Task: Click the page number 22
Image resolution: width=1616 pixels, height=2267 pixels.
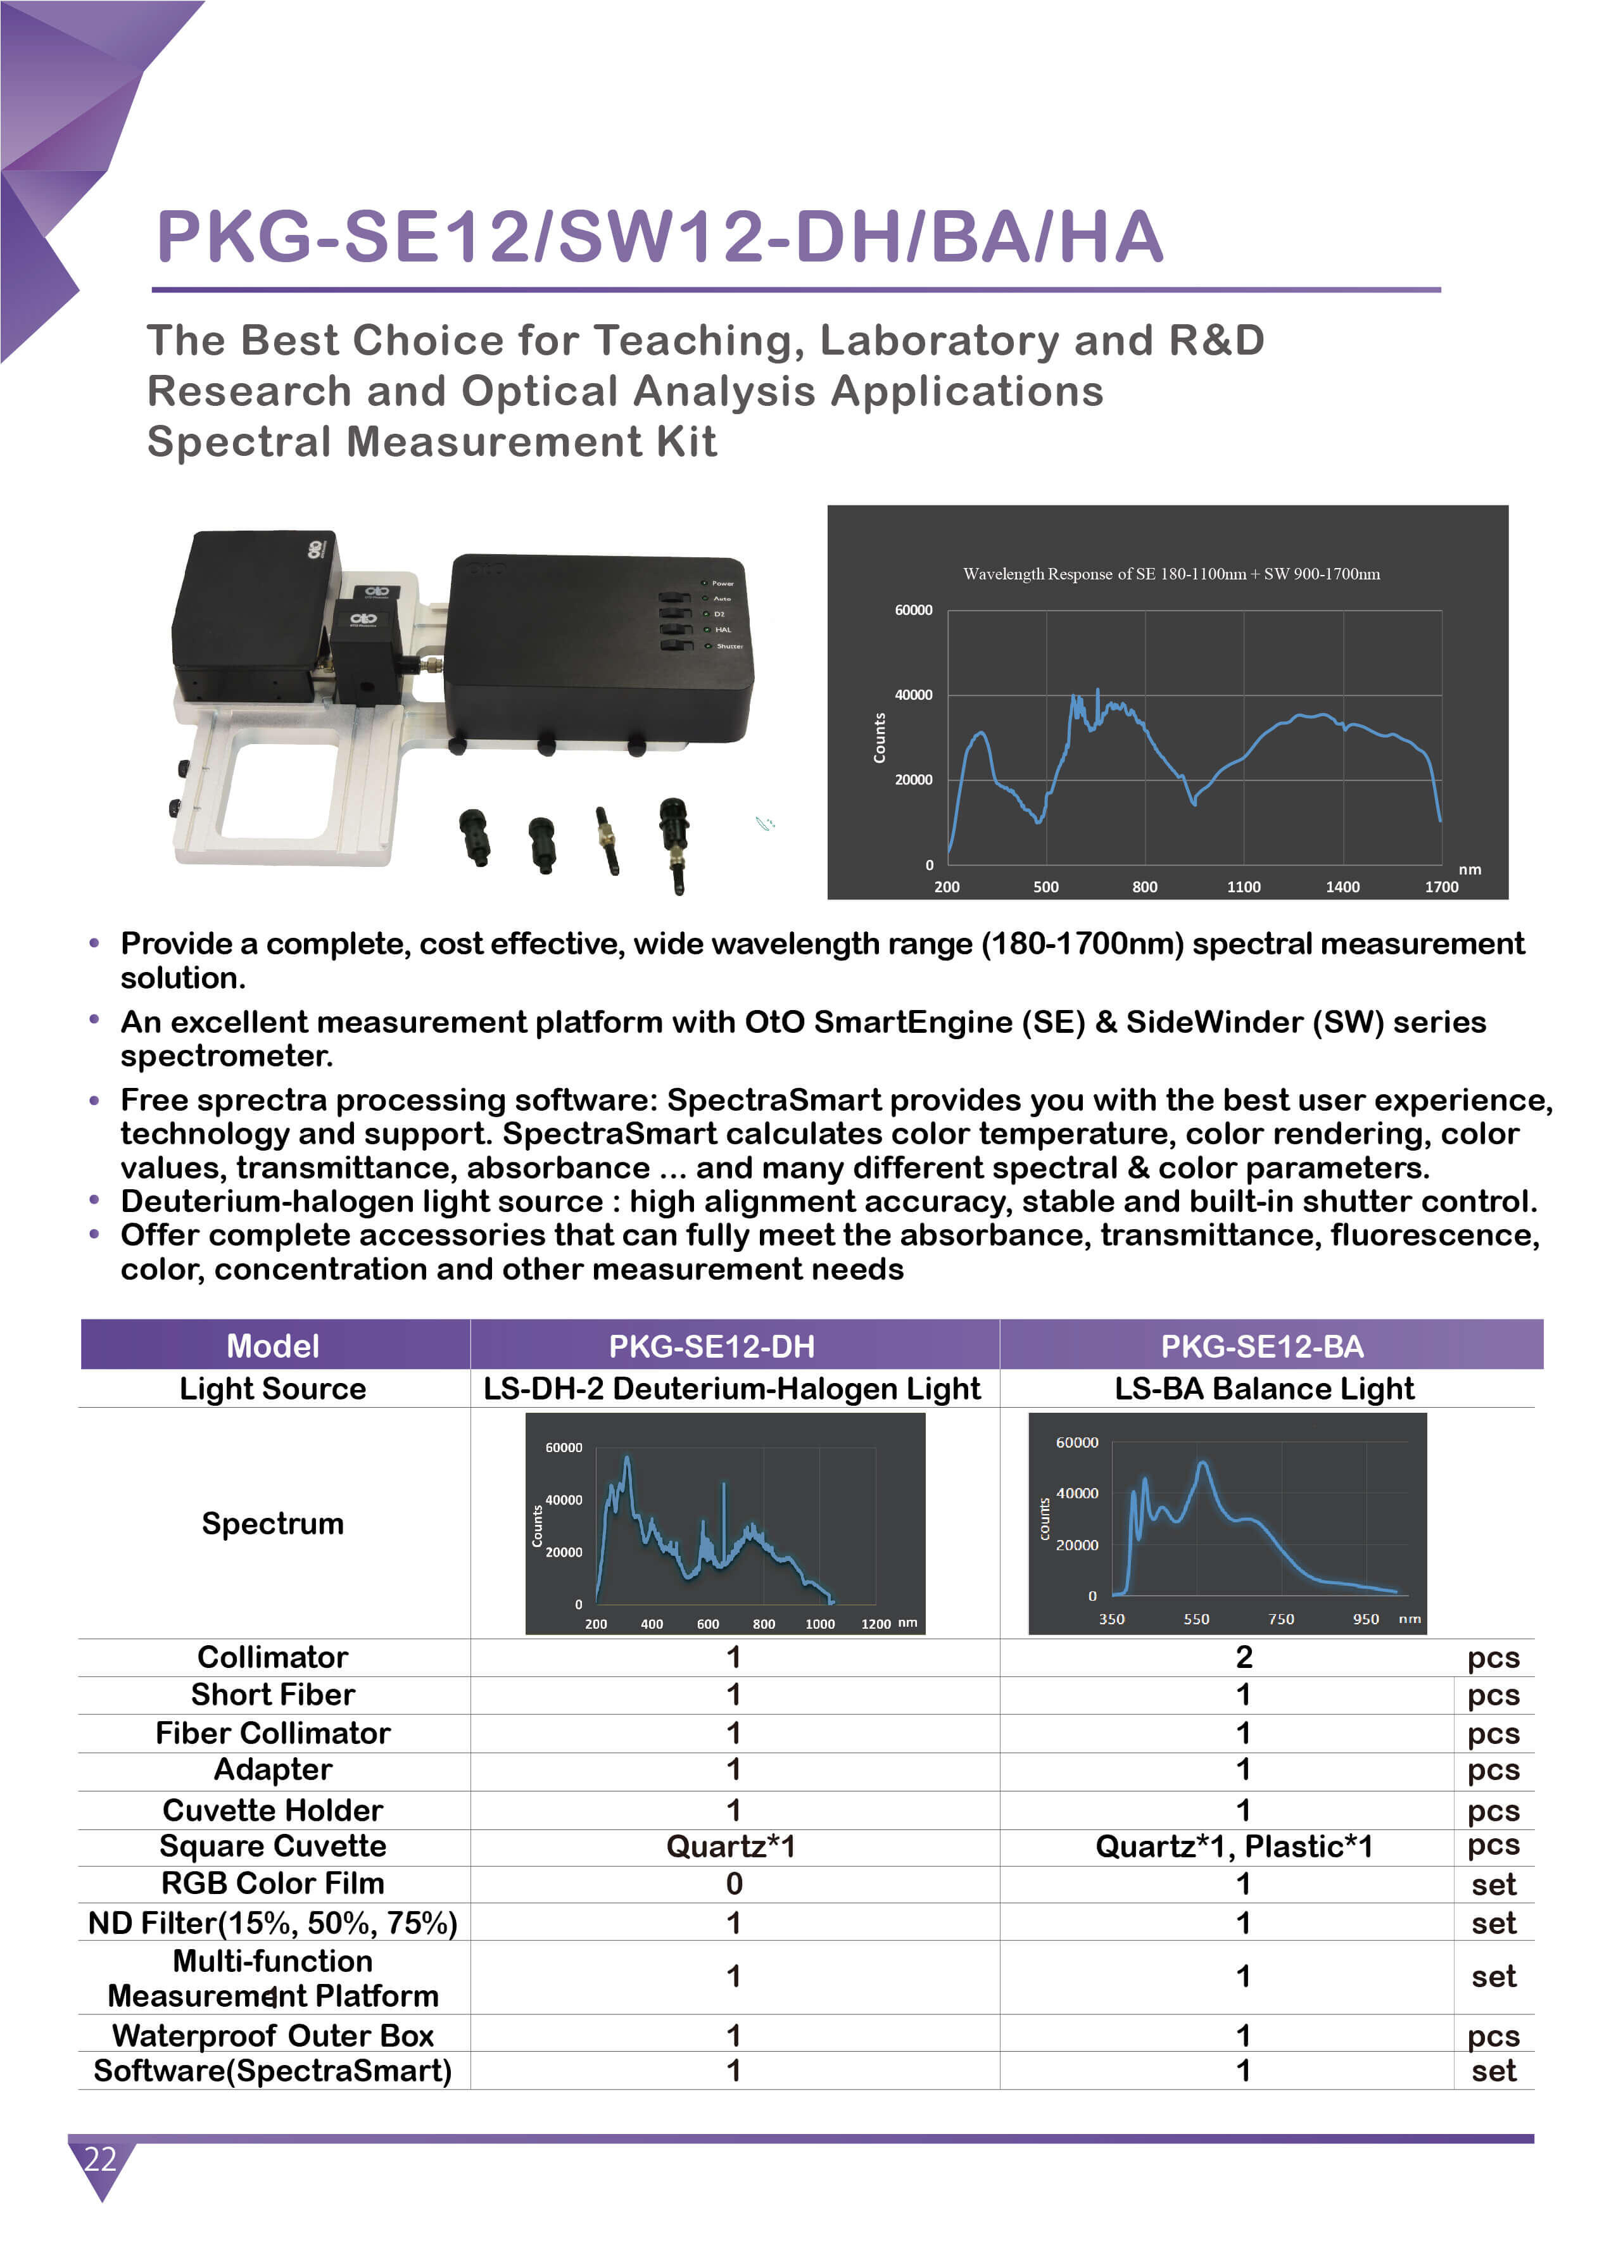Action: (99, 2159)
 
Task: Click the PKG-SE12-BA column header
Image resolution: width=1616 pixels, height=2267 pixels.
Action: (1262, 1346)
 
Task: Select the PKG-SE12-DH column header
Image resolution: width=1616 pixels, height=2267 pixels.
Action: (712, 1346)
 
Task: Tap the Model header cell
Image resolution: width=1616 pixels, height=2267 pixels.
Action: (273, 1346)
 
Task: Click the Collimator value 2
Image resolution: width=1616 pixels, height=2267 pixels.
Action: (1244, 1657)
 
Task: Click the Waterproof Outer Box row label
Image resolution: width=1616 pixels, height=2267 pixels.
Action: (273, 2035)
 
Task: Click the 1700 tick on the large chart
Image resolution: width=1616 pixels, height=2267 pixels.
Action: (1441, 887)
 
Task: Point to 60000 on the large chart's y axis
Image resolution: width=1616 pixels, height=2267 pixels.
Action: (912, 610)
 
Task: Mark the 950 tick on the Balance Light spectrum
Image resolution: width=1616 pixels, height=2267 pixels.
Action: (1365, 1619)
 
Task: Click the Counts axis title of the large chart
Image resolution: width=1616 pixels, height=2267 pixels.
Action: (880, 738)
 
